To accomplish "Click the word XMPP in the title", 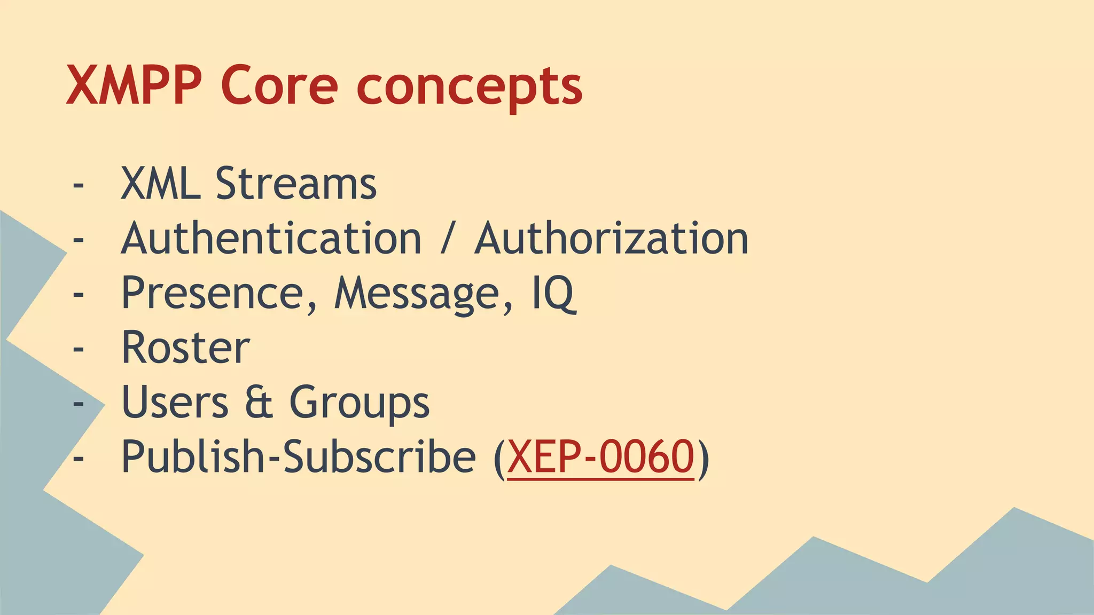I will [x=134, y=85].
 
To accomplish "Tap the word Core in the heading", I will [x=279, y=85].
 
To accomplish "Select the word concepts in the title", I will [x=469, y=88].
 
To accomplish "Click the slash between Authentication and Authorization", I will [x=448, y=239].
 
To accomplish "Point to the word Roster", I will [x=186, y=348].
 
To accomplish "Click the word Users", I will [x=175, y=402].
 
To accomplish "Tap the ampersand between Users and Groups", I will [x=259, y=402].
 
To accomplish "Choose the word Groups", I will [x=359, y=404].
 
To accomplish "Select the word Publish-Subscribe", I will [x=298, y=457].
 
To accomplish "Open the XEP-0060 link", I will [x=600, y=457].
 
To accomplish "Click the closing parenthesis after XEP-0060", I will [x=704, y=458].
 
